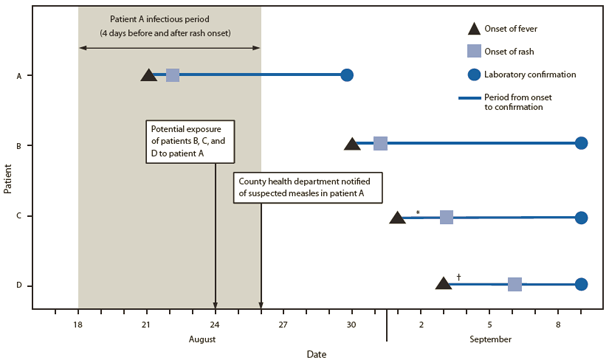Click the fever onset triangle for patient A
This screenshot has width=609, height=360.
[149, 75]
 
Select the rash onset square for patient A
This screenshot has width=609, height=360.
[172, 75]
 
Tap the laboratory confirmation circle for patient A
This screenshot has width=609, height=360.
[347, 75]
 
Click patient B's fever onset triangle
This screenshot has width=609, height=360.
[352, 144]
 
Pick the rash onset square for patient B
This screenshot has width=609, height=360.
[380, 144]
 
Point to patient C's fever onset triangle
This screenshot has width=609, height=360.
[397, 216]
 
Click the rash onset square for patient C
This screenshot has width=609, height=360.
[446, 216]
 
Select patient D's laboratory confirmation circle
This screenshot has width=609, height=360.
[582, 284]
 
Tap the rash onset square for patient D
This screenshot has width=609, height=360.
[514, 284]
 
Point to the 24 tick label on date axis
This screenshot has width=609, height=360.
[215, 325]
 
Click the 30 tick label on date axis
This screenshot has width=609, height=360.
[352, 325]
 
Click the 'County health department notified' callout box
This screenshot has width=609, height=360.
[309, 186]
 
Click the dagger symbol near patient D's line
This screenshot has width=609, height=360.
[458, 276]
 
